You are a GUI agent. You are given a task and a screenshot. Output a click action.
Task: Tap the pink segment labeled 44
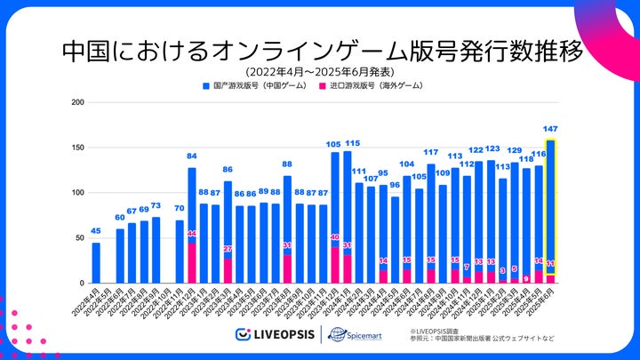coord(192,263)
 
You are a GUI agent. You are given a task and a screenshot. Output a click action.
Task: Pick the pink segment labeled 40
coord(335,265)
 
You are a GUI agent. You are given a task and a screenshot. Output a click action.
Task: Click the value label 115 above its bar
coord(352,143)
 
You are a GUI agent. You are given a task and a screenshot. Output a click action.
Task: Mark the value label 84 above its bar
coord(192,156)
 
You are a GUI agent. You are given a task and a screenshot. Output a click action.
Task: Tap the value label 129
coord(515,151)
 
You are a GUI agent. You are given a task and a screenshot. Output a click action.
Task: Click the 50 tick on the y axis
coord(80,238)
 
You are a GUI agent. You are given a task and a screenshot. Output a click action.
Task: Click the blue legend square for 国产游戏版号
coord(205,86)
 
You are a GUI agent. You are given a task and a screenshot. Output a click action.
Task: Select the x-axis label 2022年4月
coord(89,302)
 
